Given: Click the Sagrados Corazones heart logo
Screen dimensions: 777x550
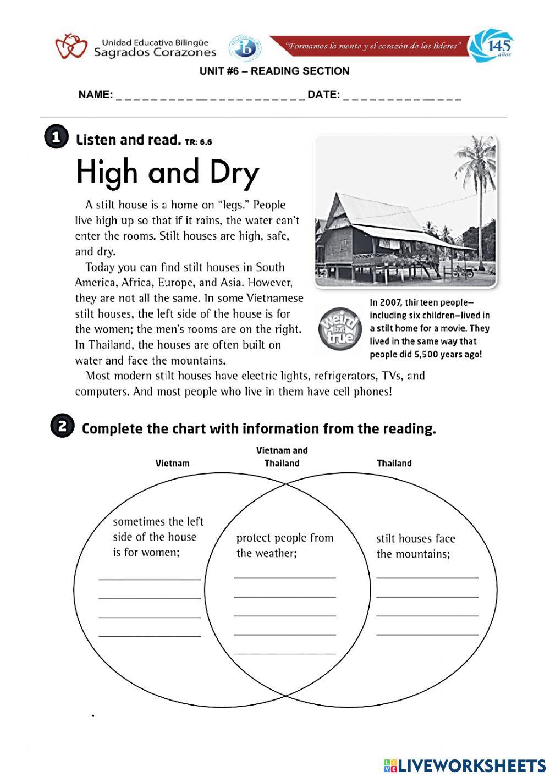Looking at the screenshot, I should click(71, 46).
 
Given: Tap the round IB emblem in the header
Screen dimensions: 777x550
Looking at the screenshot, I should click(244, 49).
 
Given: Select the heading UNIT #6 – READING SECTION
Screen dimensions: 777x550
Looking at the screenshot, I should click(274, 71).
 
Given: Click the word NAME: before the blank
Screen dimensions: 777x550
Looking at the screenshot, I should click(96, 95).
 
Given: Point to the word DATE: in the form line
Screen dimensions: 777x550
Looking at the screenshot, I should click(323, 95).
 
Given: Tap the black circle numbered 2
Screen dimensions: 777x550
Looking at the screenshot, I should click(62, 427).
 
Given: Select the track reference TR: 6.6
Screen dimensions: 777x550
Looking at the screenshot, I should click(199, 142).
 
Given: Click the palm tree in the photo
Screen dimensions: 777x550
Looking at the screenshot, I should click(477, 181).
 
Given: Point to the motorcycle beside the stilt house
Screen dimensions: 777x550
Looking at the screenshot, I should click(463, 271).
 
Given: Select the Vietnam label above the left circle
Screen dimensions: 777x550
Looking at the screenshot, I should click(172, 463).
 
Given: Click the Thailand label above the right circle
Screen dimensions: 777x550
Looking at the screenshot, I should click(394, 463).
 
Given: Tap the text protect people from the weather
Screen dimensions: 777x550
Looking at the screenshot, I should click(284, 545).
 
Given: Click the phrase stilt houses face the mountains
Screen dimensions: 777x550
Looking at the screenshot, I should click(416, 546).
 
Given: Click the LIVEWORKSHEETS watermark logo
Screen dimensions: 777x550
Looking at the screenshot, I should click(465, 765).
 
